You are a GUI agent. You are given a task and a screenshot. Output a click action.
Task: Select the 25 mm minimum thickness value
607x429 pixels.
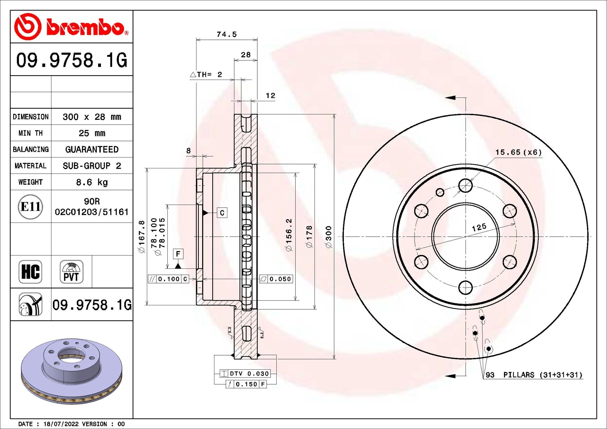[92, 133]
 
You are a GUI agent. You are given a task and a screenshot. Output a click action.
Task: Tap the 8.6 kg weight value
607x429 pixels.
[92, 182]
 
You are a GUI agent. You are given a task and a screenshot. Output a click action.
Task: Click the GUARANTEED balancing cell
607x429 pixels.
[92, 149]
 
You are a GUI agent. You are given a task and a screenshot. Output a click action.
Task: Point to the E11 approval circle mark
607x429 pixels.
[30, 206]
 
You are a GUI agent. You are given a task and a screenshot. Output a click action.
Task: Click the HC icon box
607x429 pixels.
[30, 272]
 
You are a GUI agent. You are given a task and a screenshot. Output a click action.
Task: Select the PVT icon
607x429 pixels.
[71, 272]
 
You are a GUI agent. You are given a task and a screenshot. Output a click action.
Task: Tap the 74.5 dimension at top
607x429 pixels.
[226, 34]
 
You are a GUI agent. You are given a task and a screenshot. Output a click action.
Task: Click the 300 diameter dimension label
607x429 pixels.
[329, 236]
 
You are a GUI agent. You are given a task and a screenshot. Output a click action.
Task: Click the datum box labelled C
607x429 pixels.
[222, 213]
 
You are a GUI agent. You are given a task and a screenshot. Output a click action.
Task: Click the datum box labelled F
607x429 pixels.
[178, 254]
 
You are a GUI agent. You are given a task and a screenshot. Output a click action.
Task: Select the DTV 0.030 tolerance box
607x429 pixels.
[245, 374]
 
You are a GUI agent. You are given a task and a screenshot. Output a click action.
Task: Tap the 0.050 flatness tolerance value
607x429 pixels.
[280, 279]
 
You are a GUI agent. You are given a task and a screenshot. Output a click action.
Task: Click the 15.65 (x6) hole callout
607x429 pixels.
[518, 152]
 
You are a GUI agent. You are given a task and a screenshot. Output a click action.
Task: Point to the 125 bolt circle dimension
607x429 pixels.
[479, 227]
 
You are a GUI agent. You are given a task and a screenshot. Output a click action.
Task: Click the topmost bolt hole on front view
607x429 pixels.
[465, 185]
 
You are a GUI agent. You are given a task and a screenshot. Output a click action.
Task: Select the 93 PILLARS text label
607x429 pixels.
[534, 375]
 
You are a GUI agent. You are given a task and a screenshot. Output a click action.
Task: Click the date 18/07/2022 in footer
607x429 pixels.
[61, 424]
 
